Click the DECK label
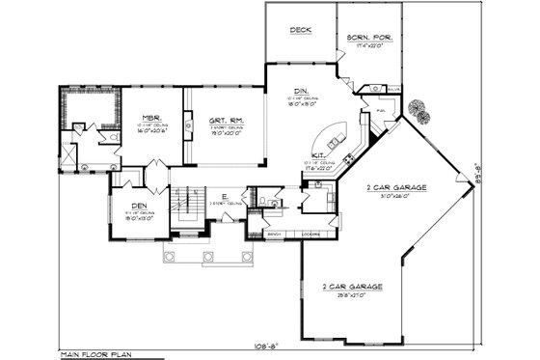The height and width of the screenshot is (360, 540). point(300,30)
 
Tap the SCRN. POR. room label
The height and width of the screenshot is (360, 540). point(369,38)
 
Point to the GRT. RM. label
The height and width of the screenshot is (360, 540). point(225,121)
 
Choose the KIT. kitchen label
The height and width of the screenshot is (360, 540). point(319,156)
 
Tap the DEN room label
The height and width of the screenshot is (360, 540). point(125,206)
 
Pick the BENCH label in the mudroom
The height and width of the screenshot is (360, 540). point(274,234)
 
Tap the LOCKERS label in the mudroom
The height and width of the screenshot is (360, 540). point(310,234)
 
